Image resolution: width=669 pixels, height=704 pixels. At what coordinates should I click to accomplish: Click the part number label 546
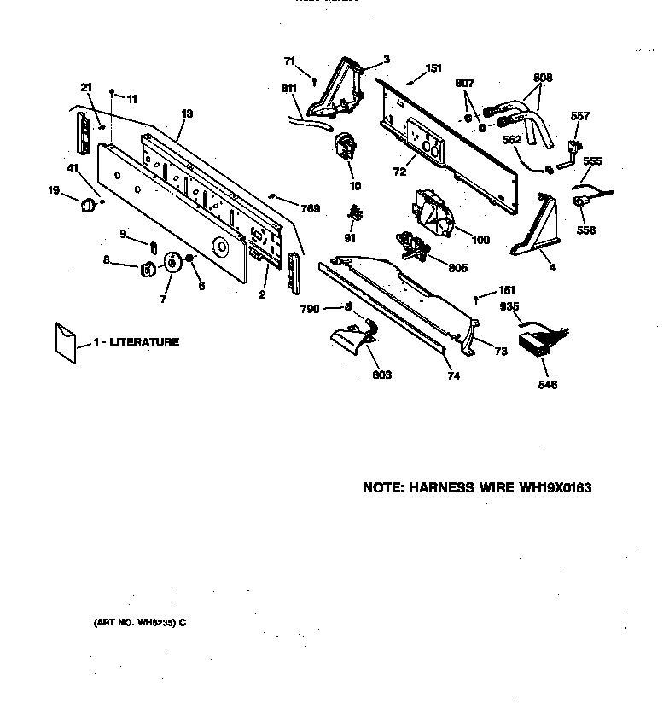point(547,385)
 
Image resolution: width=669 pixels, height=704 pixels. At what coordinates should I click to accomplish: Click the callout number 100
point(480,240)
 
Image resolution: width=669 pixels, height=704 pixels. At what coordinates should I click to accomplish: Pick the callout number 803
point(381,375)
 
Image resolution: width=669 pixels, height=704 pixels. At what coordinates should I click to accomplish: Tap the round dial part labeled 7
point(174,264)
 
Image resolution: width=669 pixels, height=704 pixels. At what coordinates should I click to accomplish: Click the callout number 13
point(187,113)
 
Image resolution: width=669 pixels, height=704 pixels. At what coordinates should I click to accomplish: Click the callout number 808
point(542,78)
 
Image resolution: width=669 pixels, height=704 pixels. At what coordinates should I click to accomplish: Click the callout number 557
point(580,116)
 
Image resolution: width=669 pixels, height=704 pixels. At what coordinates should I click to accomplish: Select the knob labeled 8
point(148,269)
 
